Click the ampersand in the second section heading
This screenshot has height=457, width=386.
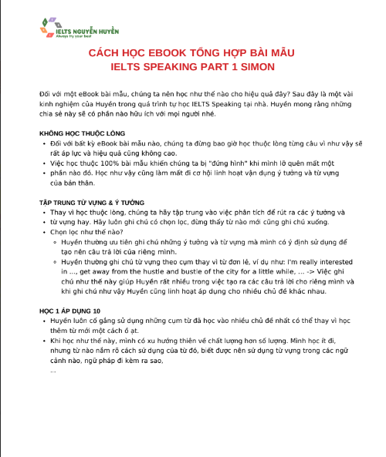(x=115, y=202)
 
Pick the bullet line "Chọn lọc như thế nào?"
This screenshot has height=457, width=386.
(x=87, y=230)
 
